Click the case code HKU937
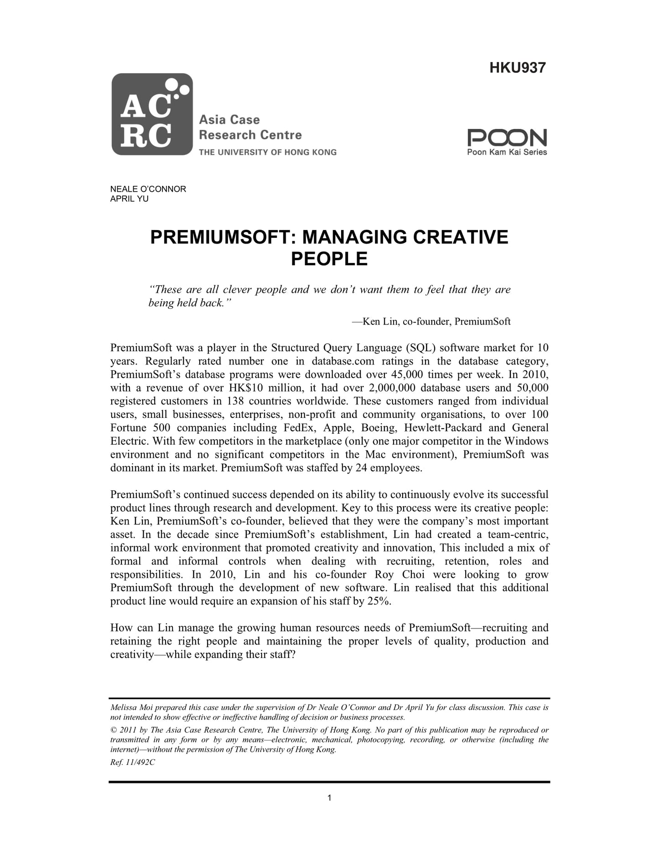517,68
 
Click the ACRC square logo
152,114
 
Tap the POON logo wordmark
507,138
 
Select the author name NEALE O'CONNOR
148,189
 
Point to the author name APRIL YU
129,199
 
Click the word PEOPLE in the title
329,259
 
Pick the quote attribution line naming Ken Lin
431,322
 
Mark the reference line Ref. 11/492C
132,763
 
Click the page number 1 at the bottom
329,797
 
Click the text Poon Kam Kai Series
507,152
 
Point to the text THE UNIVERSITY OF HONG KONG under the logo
268,152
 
